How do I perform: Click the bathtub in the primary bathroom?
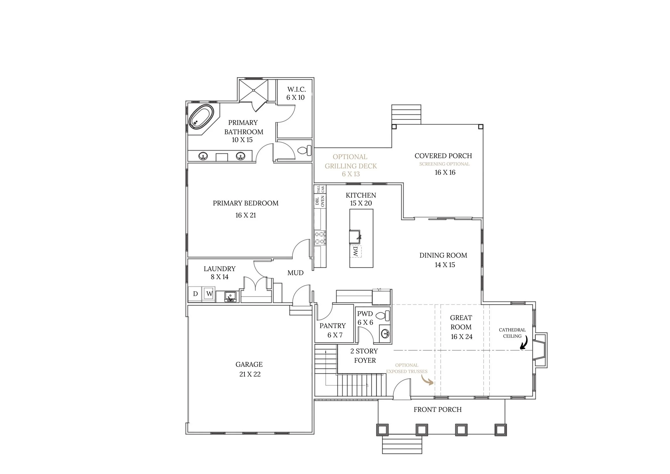pyautogui.click(x=201, y=117)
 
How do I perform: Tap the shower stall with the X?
pyautogui.click(x=253, y=90)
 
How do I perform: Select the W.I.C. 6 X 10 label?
pyautogui.click(x=296, y=93)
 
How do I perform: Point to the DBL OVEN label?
pyautogui.click(x=320, y=201)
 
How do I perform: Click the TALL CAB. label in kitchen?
pyautogui.click(x=320, y=189)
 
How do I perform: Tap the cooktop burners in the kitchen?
pyautogui.click(x=320, y=237)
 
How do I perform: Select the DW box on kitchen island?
pyautogui.click(x=356, y=251)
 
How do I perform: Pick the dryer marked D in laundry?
pyautogui.click(x=196, y=294)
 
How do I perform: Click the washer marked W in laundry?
pyautogui.click(x=209, y=294)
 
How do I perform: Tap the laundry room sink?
pyautogui.click(x=230, y=297)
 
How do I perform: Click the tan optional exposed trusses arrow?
pyautogui.click(x=427, y=380)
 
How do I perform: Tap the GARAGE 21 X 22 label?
pyautogui.click(x=249, y=369)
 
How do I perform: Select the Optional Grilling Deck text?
pyautogui.click(x=351, y=166)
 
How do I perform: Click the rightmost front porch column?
pyautogui.click(x=500, y=430)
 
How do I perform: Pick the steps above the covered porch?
pyautogui.click(x=406, y=114)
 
